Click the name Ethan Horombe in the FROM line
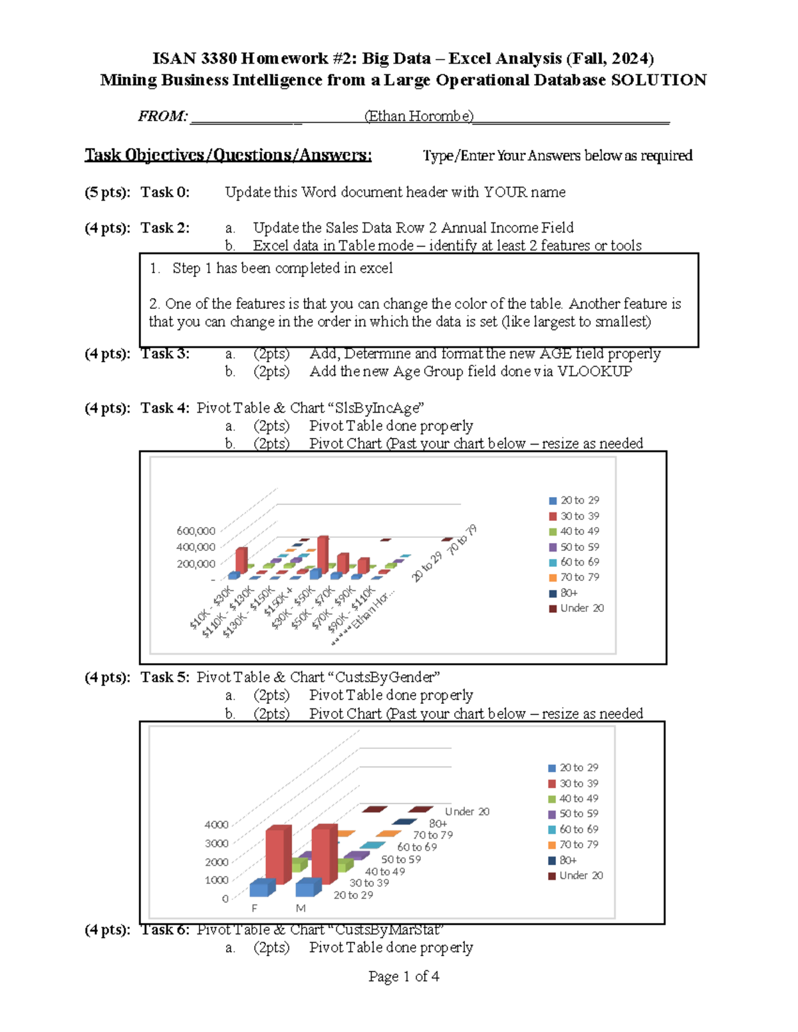419,116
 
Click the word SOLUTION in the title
658,80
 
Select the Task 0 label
165,193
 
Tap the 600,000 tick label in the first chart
196,531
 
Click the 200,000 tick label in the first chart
196,564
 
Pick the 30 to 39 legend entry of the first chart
579,516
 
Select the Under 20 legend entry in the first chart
581,608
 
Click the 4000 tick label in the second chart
216,825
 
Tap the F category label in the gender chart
254,908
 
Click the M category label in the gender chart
301,908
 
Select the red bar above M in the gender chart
324,854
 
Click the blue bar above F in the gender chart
262,888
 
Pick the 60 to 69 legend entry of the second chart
578,829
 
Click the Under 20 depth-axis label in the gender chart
467,811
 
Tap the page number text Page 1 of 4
404,976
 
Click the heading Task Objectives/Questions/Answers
228,155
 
